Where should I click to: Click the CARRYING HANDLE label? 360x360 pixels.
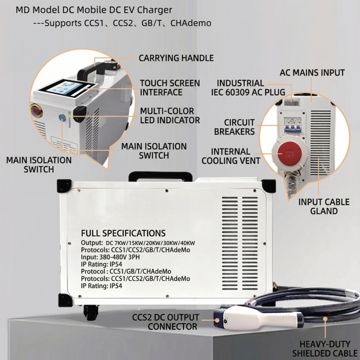click(x=176, y=58)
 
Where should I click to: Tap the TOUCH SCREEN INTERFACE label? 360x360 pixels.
click(x=170, y=88)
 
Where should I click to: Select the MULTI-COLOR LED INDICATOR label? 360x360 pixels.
click(x=170, y=116)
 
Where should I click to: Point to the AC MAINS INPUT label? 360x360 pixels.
click(x=312, y=72)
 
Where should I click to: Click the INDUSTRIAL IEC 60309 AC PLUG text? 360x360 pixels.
click(x=248, y=88)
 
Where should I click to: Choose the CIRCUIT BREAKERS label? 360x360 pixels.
click(x=240, y=127)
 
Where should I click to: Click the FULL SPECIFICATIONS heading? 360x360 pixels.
click(x=123, y=233)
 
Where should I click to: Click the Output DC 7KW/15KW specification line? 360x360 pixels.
click(x=138, y=243)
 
